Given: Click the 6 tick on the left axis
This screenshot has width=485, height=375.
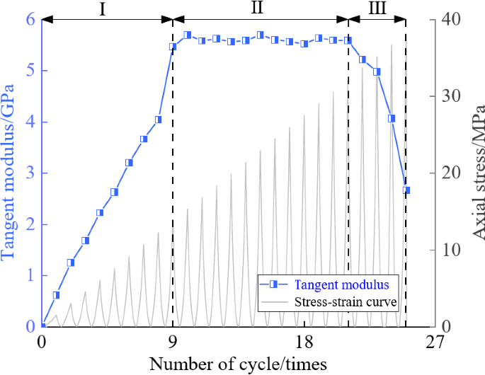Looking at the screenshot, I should [x=30, y=19].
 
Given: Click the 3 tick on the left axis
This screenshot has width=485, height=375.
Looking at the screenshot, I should [x=30, y=173].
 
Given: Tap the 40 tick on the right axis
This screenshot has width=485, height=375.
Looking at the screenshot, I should [x=447, y=19].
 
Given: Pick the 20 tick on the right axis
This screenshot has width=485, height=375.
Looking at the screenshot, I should [x=447, y=173].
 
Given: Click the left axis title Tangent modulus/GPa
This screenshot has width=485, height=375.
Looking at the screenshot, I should [x=9, y=173].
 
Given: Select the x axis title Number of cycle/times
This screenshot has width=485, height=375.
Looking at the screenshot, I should [x=238, y=364].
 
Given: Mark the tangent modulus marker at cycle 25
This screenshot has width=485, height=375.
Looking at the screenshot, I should [x=406, y=190].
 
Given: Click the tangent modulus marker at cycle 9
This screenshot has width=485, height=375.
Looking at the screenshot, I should [x=173, y=47].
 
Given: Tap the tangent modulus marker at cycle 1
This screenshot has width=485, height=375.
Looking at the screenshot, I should [x=57, y=295].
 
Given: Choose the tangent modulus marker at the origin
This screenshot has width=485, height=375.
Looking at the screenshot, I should [x=42, y=326].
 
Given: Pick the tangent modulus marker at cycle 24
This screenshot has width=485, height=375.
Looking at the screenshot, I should [x=392, y=118].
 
